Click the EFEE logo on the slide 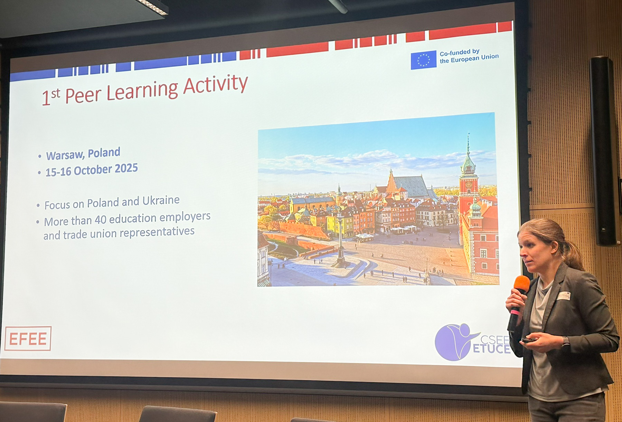pos(28,338)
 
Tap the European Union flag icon pos(423,60)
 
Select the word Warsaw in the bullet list pos(65,155)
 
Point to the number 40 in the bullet pos(101,220)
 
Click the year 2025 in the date pos(126,169)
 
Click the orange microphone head pos(522,284)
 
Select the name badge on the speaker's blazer pos(564,296)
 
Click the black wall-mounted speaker pos(603,151)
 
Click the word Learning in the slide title pos(142,92)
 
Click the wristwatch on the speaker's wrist pos(565,342)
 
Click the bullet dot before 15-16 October pos(39,173)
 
